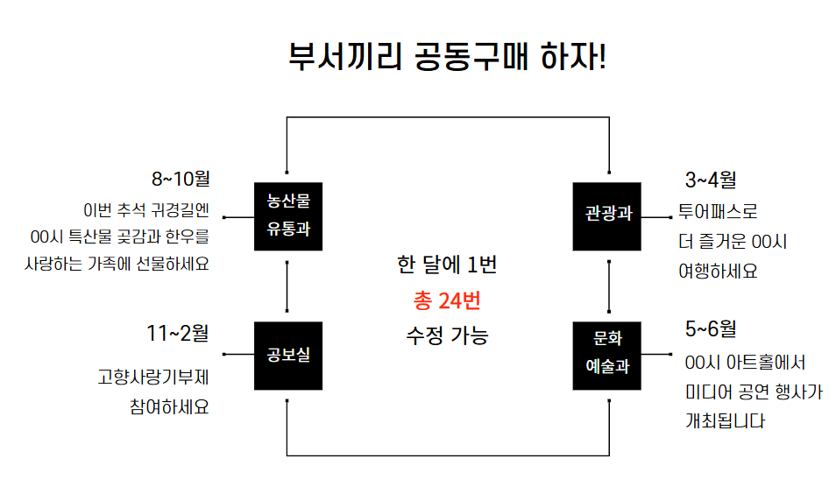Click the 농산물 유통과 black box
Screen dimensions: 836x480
(288, 216)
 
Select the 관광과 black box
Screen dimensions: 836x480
(606, 216)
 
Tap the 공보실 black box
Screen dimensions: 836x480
(288, 356)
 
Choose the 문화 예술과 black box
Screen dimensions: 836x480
(606, 356)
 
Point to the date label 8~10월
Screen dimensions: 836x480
(181, 179)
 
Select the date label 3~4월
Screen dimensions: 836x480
(711, 180)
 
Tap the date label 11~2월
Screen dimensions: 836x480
(178, 334)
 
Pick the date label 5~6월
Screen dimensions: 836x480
(711, 329)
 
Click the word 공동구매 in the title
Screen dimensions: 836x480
(471, 56)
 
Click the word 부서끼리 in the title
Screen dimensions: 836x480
(345, 56)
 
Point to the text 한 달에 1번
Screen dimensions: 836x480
(447, 265)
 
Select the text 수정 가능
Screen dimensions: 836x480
(447, 335)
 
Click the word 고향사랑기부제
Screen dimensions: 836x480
(153, 378)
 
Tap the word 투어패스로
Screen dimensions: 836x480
(718, 211)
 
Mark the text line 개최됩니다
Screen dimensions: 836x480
(725, 420)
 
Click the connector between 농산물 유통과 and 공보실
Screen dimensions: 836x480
(287, 286)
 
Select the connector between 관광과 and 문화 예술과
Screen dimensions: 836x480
(609, 286)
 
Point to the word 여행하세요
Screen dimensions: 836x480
(718, 272)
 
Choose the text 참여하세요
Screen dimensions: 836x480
(169, 407)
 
